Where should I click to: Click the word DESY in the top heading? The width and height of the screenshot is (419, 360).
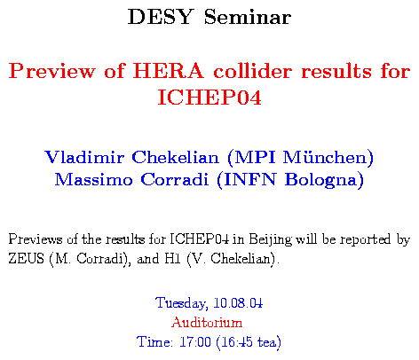(161, 17)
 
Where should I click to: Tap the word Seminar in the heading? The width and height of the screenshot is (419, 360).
(248, 17)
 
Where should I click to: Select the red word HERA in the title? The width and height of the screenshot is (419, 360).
(169, 71)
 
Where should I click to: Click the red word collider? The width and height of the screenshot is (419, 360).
(253, 71)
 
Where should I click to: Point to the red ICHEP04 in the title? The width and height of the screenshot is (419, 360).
(209, 98)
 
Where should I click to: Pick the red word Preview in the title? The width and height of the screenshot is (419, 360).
(52, 71)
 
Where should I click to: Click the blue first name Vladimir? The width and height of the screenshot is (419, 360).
(84, 157)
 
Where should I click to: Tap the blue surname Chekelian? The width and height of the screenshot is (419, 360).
(175, 157)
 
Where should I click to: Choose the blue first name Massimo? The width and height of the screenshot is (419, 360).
(93, 179)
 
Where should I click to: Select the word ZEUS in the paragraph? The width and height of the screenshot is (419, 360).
(26, 259)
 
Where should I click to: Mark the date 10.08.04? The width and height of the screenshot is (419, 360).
(238, 303)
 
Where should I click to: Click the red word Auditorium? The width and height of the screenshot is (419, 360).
(207, 322)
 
